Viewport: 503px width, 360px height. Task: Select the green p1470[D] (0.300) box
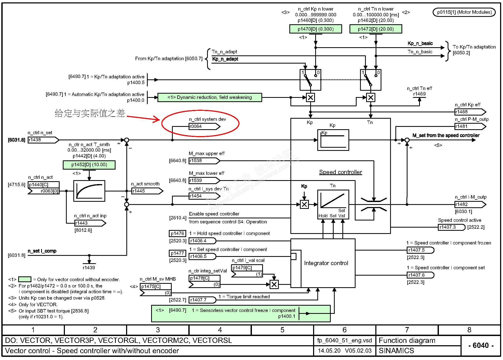click(x=315, y=29)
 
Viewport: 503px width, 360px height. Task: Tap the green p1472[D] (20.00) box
click(x=376, y=29)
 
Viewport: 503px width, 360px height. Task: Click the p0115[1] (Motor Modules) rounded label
click(x=464, y=12)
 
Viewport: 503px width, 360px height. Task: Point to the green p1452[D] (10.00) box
click(x=89, y=165)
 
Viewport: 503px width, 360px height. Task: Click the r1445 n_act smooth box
click(x=147, y=191)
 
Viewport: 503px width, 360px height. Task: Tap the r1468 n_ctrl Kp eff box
click(x=470, y=112)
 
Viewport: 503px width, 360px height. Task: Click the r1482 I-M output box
click(x=470, y=204)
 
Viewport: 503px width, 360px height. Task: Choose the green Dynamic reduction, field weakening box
click(x=210, y=97)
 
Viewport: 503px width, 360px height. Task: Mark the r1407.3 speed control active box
click(x=451, y=227)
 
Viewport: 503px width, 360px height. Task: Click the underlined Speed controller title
click(x=341, y=172)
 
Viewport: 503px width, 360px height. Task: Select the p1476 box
click(x=177, y=233)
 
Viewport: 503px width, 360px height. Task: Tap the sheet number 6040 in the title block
click(x=481, y=345)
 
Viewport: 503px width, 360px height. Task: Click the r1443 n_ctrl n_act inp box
click(x=90, y=223)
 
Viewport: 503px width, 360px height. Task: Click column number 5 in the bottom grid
click(x=282, y=330)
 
